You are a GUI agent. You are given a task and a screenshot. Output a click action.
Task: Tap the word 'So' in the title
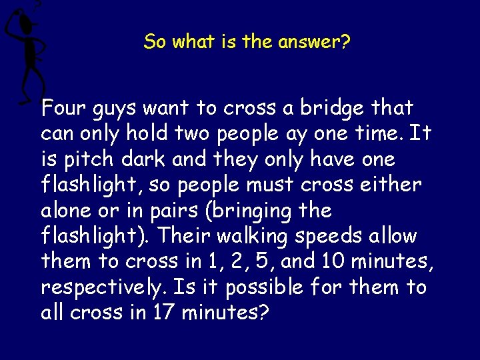click(155, 42)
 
